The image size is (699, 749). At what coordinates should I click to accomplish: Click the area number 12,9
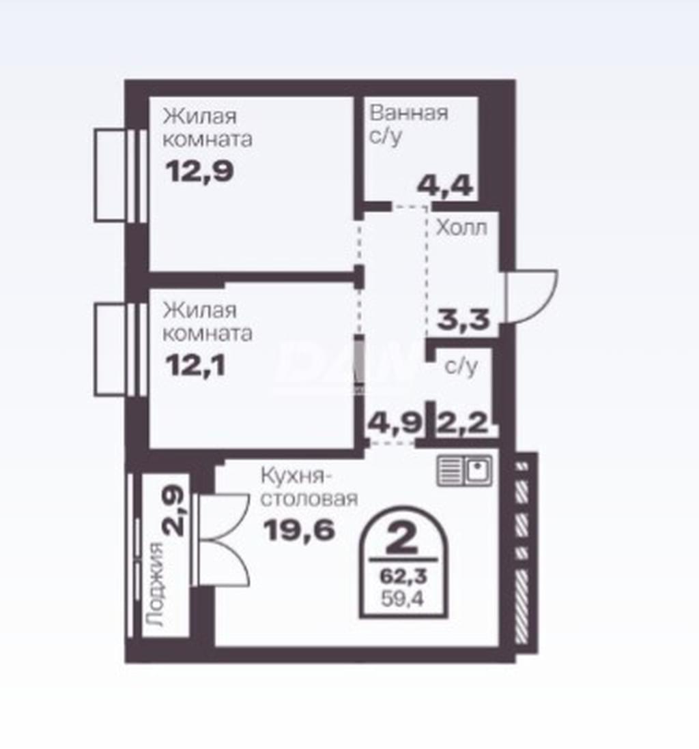coord(199,171)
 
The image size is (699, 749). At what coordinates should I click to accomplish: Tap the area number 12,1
coord(195,366)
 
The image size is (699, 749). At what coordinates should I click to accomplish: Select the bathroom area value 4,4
coord(445,186)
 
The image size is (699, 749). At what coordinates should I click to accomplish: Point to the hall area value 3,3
coord(463,319)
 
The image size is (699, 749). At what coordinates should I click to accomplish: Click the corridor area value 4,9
coord(395,423)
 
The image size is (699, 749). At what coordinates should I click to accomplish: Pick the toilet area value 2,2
coord(462,423)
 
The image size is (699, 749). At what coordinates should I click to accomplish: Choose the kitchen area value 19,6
coord(299,529)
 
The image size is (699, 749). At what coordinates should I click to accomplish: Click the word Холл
coord(461,229)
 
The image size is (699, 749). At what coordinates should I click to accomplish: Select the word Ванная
coord(409,113)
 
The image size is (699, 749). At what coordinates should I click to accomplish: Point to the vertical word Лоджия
coord(154,584)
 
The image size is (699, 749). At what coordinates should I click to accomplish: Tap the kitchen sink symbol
coord(464,471)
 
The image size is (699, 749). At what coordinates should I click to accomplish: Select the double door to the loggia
coord(223,540)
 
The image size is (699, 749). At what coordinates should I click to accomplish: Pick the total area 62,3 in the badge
coord(403,576)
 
